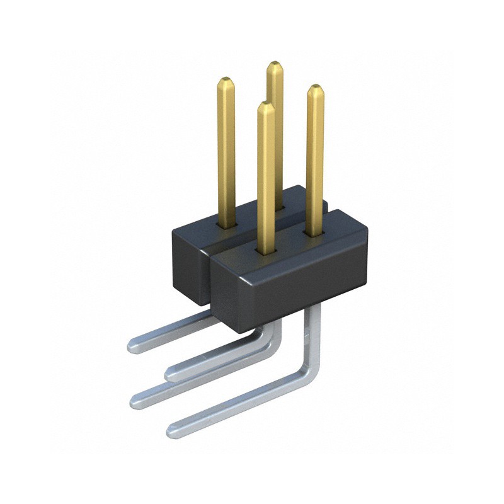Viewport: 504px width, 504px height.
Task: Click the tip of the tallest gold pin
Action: point(274,64)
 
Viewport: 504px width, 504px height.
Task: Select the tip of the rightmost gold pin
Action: point(315,88)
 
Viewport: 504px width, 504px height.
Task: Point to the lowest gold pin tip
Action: point(266,105)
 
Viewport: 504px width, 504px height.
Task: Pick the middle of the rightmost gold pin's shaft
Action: point(315,161)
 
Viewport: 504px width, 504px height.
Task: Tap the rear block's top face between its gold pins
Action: point(252,211)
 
